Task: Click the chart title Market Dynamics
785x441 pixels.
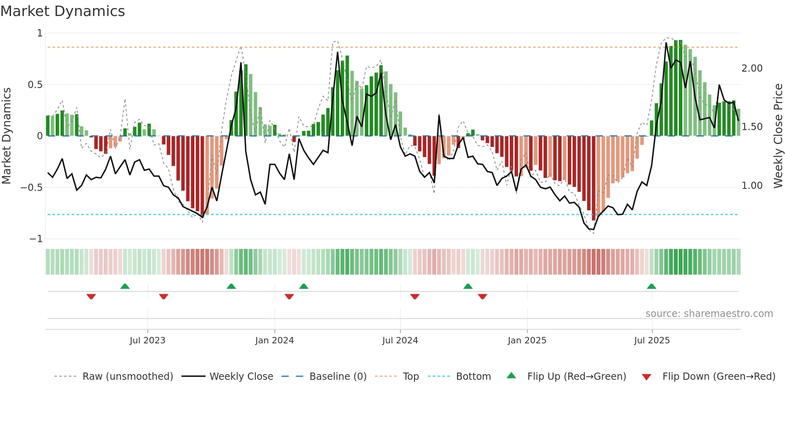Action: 63,11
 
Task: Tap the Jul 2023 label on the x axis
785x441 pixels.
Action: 147,341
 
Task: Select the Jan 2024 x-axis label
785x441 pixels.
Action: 274,341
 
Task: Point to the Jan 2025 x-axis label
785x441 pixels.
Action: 527,341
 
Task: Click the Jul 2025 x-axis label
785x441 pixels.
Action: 652,341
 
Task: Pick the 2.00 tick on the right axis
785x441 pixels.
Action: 752,68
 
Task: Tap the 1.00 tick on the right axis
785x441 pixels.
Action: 752,186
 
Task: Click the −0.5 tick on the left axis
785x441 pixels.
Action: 31,188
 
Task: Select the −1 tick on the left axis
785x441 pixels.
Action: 36,239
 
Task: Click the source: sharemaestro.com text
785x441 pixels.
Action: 709,314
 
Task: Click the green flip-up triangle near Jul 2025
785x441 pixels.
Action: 651,287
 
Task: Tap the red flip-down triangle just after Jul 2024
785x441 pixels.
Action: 415,297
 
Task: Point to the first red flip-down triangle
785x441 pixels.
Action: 91,297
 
